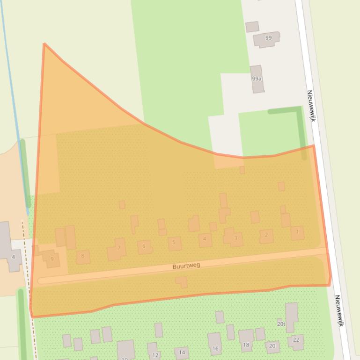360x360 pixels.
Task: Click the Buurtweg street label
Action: point(186,266)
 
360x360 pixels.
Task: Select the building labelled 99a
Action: point(257,79)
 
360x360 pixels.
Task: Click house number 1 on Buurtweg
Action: point(297,232)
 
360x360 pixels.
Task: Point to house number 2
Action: point(266,235)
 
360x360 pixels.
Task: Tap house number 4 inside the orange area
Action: point(205,240)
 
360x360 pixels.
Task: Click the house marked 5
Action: point(174,243)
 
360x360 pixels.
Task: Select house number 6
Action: point(144,246)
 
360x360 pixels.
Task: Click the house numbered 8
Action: point(83,256)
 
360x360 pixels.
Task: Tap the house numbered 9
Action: point(52,259)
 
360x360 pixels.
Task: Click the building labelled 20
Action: point(272,346)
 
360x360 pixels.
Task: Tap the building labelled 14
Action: point(182,353)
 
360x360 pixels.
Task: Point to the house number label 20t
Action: point(281,324)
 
